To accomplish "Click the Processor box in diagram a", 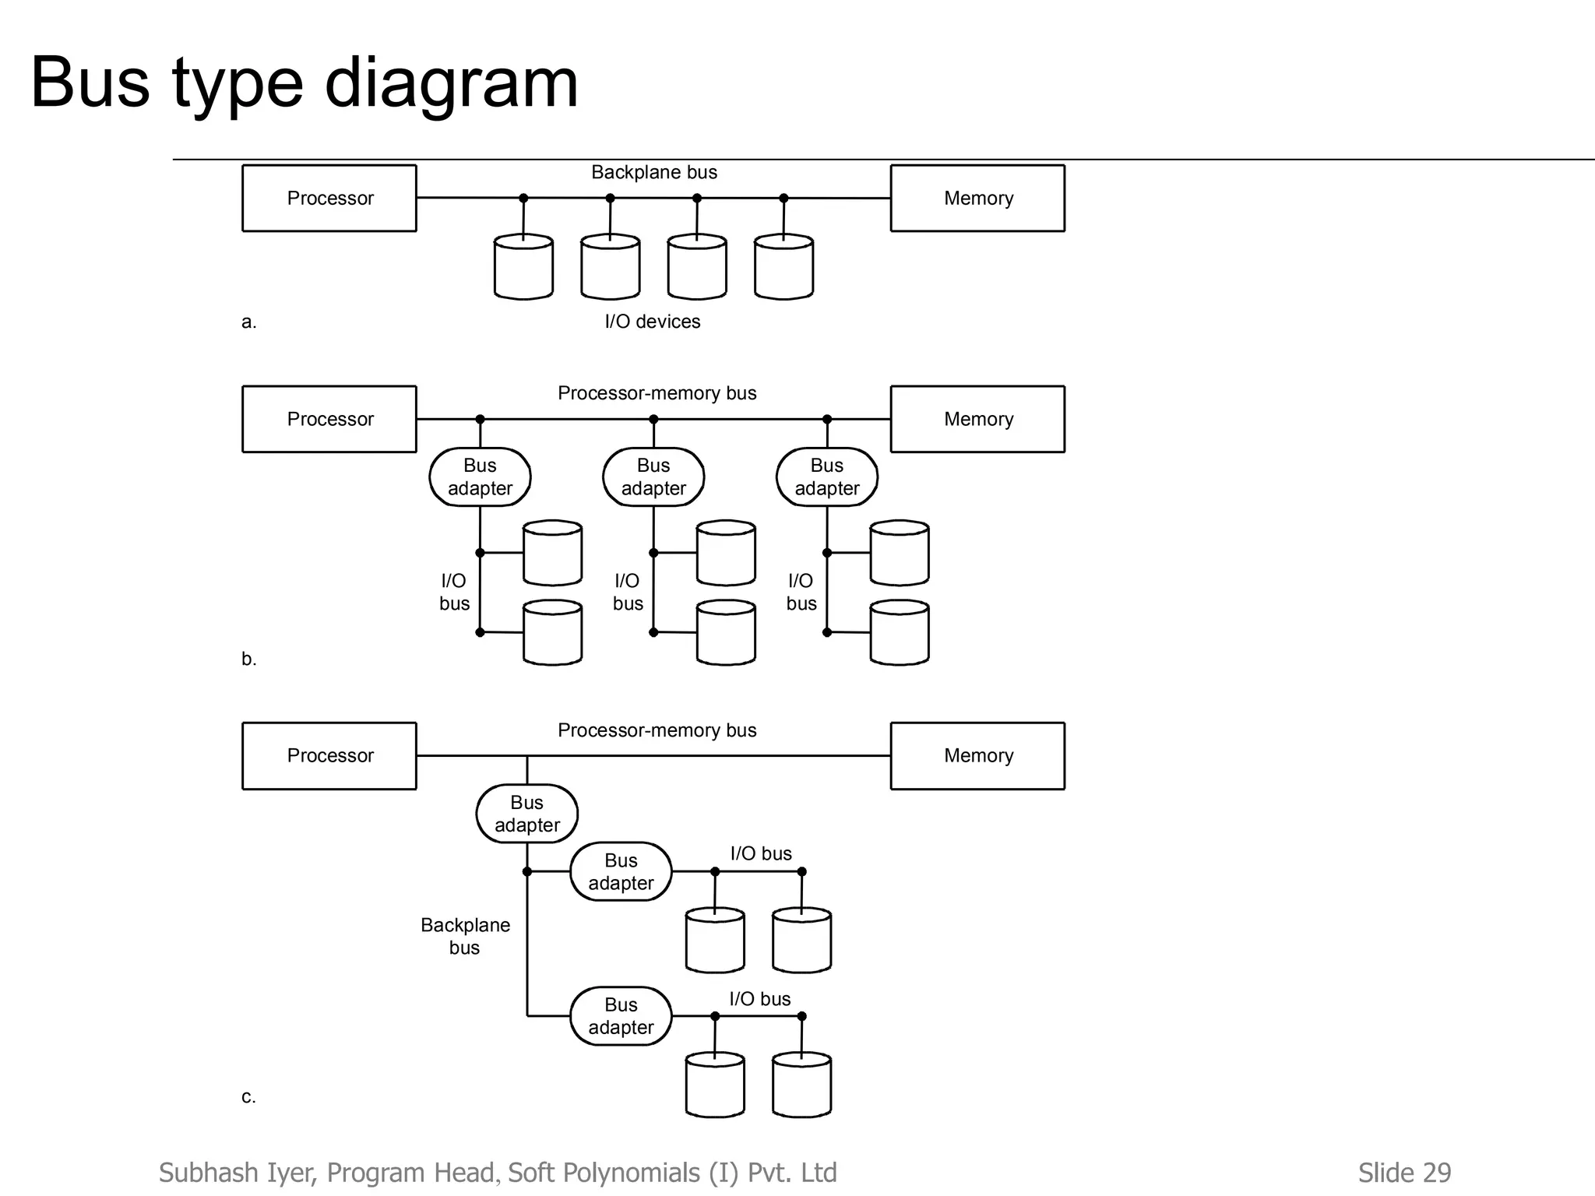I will [329, 198].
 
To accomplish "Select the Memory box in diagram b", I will [977, 419].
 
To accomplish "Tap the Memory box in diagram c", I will [977, 755].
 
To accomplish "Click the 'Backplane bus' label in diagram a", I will [654, 172].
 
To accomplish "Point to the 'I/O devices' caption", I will [653, 322].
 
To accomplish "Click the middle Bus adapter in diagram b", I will [653, 477].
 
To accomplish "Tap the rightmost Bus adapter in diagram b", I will [827, 477].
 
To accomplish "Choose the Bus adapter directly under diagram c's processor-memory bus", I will [527, 814].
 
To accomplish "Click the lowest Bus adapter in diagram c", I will [621, 1016].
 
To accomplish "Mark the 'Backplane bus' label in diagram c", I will [465, 936].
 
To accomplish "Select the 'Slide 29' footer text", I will [1404, 1173].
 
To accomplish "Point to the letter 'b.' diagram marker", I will [248, 659].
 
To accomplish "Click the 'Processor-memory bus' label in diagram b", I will [657, 393].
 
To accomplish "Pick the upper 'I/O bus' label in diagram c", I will [761, 853].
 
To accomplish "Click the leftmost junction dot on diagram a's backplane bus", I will [523, 198].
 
